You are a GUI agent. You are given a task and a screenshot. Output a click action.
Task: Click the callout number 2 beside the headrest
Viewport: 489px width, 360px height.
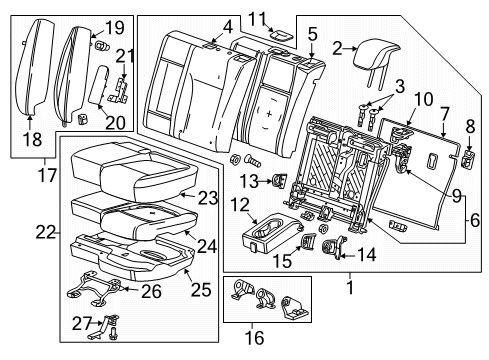(x=337, y=46)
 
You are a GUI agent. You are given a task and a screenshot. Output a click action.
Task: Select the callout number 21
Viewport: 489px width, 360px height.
(x=124, y=56)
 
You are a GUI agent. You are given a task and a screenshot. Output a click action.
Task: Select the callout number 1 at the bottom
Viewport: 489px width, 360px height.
(x=349, y=287)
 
